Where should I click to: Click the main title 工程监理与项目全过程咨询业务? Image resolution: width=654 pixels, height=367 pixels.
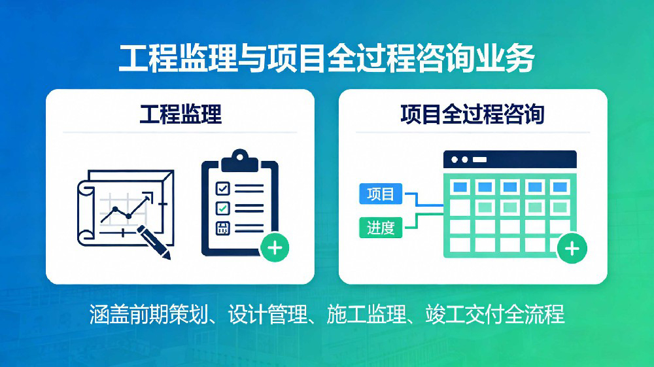pos(326,58)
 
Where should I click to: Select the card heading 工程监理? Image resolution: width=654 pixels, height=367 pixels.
pos(181,114)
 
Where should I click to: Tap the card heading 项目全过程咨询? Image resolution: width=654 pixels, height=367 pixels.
pos(472,114)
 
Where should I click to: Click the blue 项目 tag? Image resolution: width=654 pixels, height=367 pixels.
pos(381,194)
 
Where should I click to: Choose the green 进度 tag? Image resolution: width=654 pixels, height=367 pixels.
pos(381,228)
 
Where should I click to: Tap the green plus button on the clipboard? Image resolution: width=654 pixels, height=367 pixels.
pos(275,248)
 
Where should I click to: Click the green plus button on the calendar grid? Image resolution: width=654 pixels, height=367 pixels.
pos(572,249)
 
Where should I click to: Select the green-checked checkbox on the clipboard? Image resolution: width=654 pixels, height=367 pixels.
pos(223,208)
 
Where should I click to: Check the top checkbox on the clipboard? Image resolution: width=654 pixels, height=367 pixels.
pos(223,188)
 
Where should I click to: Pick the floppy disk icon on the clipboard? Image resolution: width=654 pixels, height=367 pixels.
pos(223,228)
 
